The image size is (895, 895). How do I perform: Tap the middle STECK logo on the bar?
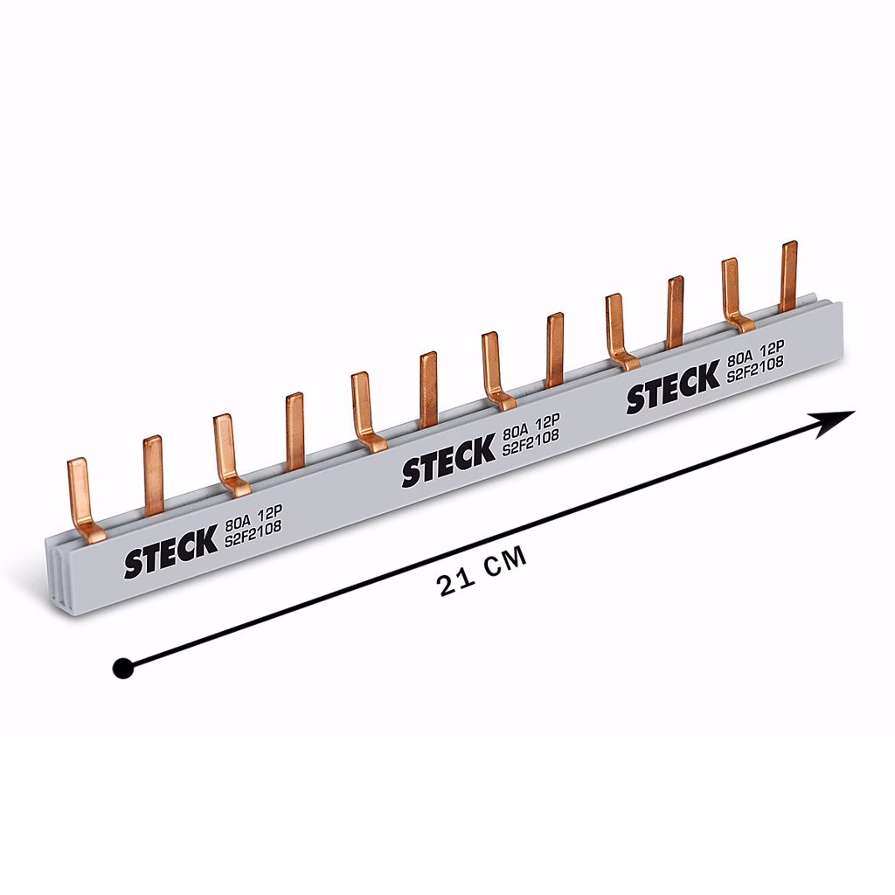448,460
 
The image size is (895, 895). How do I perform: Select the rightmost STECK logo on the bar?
674,386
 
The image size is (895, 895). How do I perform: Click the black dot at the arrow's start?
122,668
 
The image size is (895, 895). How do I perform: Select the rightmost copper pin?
789,276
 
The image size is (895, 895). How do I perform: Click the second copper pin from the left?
153,475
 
